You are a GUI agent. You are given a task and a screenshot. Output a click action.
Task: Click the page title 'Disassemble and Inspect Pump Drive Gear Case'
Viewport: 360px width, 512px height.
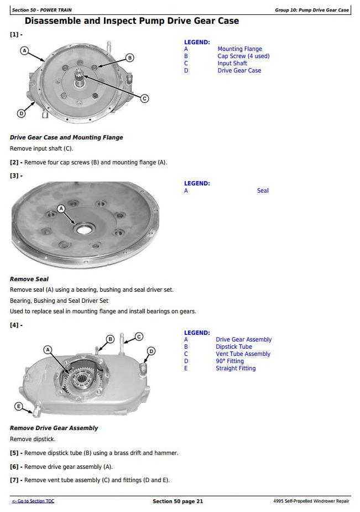click(x=132, y=21)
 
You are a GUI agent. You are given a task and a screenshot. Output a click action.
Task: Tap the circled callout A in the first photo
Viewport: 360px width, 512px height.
click(x=24, y=50)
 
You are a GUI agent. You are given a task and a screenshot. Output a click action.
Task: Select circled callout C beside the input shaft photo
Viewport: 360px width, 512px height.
click(x=144, y=99)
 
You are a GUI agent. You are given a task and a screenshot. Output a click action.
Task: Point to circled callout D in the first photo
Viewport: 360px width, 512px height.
click(x=21, y=113)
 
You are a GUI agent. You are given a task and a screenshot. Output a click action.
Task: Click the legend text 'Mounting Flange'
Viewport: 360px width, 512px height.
click(x=239, y=49)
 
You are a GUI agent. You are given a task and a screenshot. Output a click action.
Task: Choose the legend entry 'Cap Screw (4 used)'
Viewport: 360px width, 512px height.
click(x=243, y=56)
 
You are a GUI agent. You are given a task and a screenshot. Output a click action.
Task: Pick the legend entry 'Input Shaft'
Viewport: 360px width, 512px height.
click(x=232, y=64)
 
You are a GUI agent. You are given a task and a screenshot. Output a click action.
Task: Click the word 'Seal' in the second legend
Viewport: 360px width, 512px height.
click(x=263, y=191)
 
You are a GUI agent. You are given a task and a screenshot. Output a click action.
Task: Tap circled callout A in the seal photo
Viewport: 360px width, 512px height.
click(x=61, y=209)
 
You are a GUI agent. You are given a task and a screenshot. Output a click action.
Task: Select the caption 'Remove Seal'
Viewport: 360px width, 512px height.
click(x=29, y=280)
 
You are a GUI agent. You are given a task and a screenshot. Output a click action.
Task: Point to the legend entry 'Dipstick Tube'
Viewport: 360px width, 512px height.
click(x=233, y=347)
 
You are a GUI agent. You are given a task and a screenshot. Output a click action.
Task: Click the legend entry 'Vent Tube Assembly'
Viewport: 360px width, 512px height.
click(x=243, y=354)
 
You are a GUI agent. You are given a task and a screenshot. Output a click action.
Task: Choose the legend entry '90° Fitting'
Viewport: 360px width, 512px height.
click(x=229, y=361)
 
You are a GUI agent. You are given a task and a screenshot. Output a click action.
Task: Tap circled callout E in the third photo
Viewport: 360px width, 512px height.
click(x=19, y=407)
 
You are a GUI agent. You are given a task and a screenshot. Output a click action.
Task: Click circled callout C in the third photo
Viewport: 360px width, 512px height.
click(x=139, y=336)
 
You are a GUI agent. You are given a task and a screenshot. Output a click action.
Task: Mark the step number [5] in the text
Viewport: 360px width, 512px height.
click(x=14, y=453)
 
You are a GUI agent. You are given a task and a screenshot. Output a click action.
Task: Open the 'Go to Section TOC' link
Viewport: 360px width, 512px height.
click(x=33, y=501)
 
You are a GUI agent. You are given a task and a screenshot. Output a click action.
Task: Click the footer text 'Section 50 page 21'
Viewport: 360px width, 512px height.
click(x=178, y=501)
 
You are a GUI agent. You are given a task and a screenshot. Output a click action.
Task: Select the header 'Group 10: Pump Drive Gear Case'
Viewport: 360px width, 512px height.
click(x=312, y=10)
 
